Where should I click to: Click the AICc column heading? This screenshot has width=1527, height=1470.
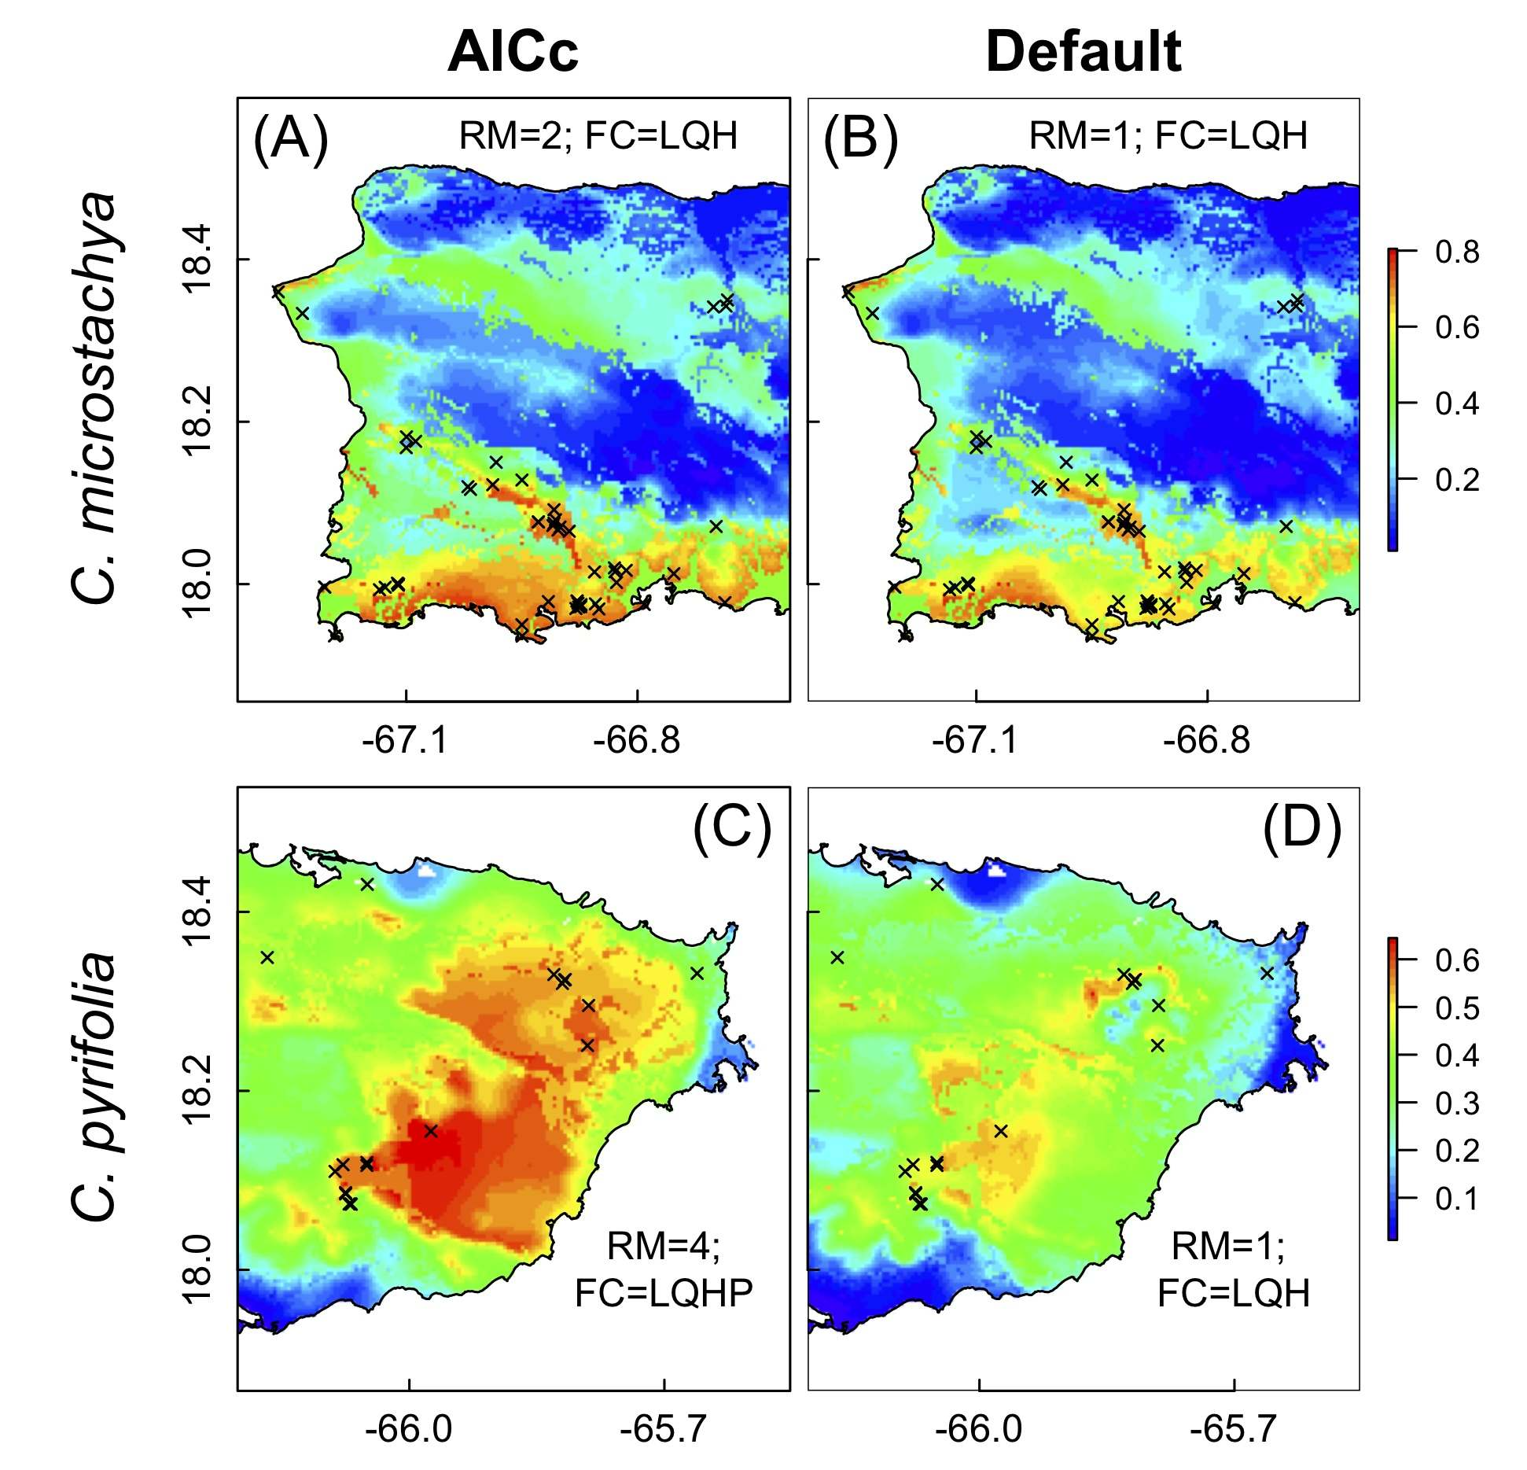(x=513, y=53)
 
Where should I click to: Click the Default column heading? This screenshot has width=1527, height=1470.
(x=1083, y=53)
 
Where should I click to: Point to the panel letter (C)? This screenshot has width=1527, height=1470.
(x=731, y=827)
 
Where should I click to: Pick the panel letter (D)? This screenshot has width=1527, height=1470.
(x=1301, y=827)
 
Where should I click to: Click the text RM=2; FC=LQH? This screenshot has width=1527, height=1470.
(x=598, y=136)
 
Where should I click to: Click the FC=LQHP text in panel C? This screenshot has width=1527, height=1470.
(x=664, y=1292)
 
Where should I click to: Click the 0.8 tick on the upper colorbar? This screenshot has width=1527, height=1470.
(x=1456, y=252)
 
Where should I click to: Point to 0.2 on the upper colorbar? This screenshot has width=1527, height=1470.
(x=1456, y=479)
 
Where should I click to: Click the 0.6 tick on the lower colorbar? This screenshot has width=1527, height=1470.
(x=1456, y=960)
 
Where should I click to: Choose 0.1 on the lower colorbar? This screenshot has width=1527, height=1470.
(x=1456, y=1199)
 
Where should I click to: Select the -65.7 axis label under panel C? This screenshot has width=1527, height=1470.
(x=664, y=1428)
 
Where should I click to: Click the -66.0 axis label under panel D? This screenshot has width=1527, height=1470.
(x=978, y=1428)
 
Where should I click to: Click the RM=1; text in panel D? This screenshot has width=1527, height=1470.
(x=1228, y=1246)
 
